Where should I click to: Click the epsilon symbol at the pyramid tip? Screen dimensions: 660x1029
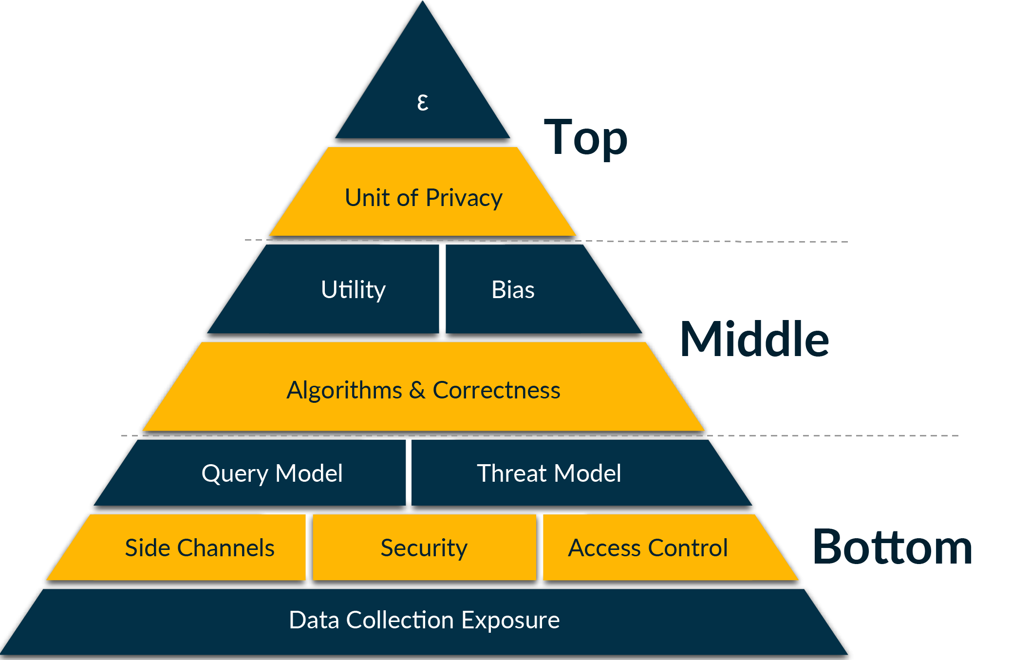click(423, 102)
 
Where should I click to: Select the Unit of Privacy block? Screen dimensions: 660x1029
click(423, 195)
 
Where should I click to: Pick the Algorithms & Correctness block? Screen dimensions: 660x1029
click(423, 390)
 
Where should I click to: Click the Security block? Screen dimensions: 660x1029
click(424, 548)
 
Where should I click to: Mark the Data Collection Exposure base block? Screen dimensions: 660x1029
click(424, 621)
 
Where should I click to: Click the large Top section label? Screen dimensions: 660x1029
click(585, 137)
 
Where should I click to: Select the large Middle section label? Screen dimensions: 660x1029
click(754, 339)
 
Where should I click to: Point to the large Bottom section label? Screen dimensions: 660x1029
click(892, 547)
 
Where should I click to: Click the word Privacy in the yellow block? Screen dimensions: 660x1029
click(464, 198)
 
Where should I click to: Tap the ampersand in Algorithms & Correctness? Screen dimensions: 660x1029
click(417, 390)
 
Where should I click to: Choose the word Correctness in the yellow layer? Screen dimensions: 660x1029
click(496, 390)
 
